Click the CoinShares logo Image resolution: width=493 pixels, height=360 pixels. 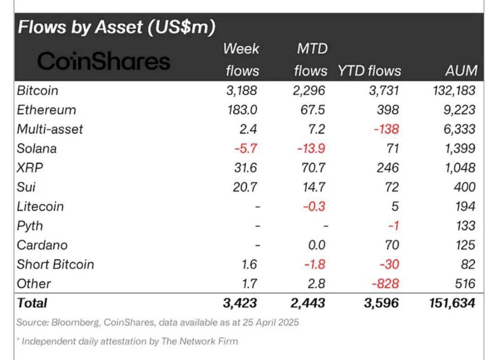(x=104, y=61)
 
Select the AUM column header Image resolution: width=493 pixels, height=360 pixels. (x=461, y=71)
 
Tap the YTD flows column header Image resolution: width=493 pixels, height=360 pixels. (x=369, y=71)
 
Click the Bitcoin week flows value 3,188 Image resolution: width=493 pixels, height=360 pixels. (x=241, y=90)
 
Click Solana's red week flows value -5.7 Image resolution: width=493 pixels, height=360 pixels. (x=246, y=148)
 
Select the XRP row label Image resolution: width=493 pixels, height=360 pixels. (x=30, y=167)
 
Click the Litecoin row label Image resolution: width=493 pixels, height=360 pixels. (x=40, y=206)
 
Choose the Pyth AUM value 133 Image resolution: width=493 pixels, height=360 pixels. (x=465, y=225)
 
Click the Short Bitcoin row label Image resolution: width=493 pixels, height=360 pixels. (x=55, y=264)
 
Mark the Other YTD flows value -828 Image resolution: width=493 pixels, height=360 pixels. (x=385, y=283)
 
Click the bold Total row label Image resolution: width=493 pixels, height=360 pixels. (x=32, y=303)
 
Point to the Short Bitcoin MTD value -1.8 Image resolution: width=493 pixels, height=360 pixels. (x=314, y=264)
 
